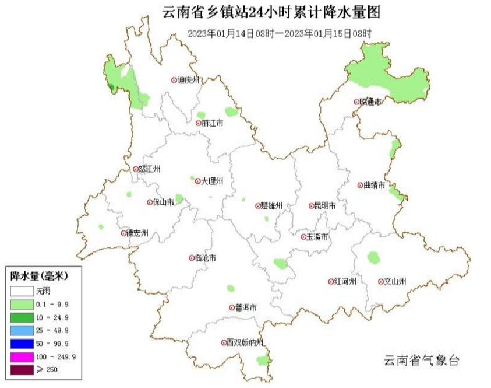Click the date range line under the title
click(x=280, y=33)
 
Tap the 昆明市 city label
click(x=325, y=206)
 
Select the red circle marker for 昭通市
click(x=356, y=102)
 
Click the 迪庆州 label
click(x=189, y=81)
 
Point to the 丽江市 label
click(x=213, y=123)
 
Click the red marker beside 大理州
click(x=198, y=181)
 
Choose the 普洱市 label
click(x=246, y=307)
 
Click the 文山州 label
click(x=395, y=281)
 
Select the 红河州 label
click(x=345, y=281)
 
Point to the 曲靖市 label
click(x=374, y=186)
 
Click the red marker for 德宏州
click(x=123, y=233)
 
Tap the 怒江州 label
click(x=150, y=169)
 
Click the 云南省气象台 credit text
click(x=421, y=361)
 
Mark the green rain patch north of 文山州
click(x=373, y=257)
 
